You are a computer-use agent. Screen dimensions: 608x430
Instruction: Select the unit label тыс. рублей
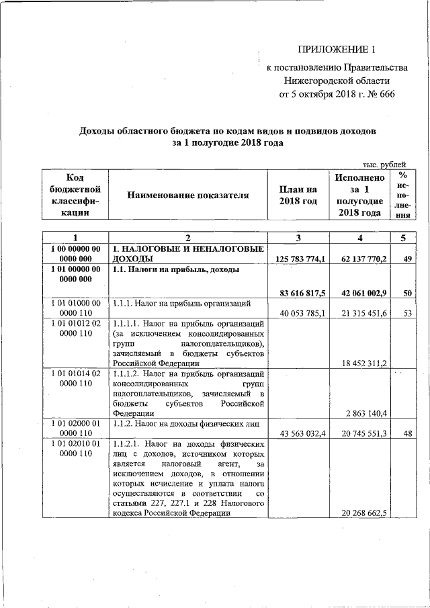(384, 164)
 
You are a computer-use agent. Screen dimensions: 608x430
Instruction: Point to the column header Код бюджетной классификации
(75, 195)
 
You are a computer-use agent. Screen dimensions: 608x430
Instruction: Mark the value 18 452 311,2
(362, 363)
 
